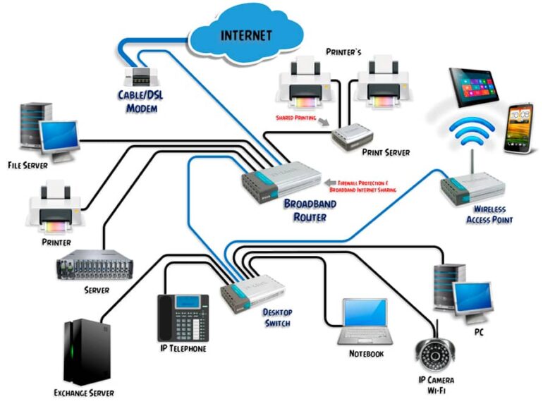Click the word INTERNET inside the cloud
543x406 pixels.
point(248,34)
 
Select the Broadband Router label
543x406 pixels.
point(310,210)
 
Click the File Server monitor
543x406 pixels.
point(58,136)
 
